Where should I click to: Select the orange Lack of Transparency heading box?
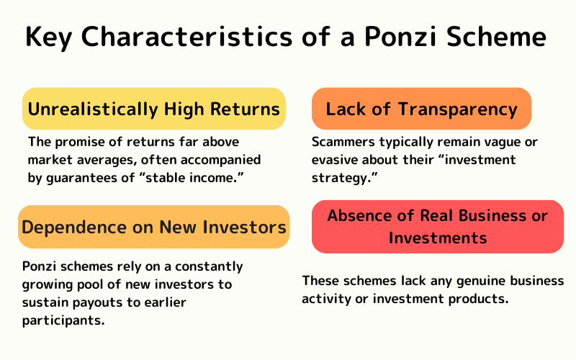[421, 109]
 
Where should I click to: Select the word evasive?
[336, 160]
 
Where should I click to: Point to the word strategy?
[338, 178]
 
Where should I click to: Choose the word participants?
[63, 320]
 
